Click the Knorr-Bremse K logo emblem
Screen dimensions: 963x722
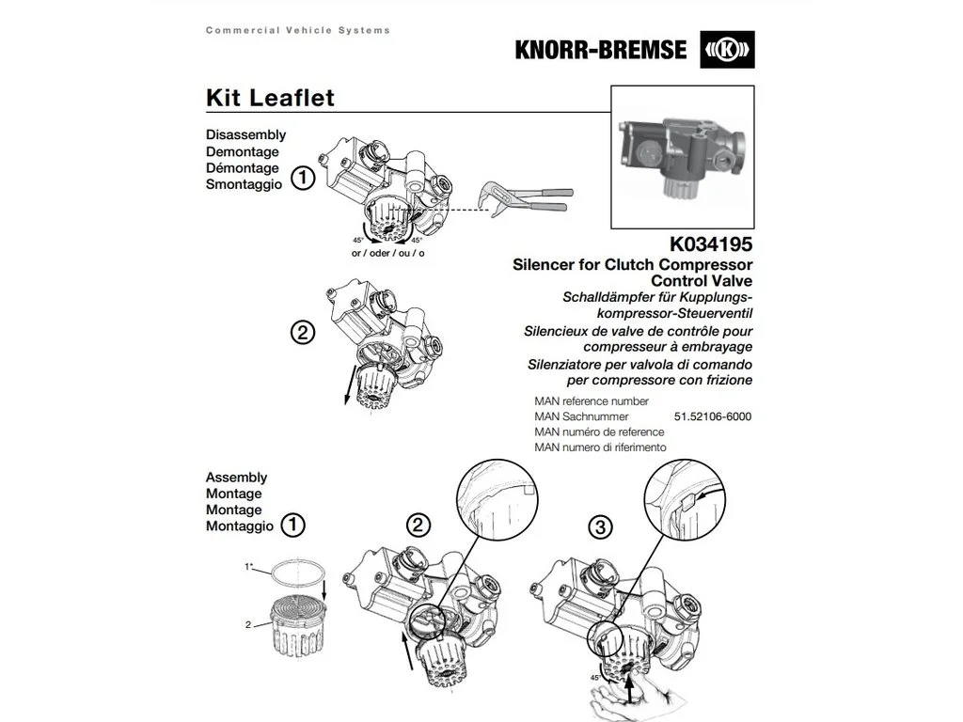(x=727, y=50)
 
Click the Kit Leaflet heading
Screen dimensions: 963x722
(x=270, y=98)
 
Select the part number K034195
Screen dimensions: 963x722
(x=711, y=243)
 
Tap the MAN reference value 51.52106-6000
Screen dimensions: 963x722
(x=713, y=416)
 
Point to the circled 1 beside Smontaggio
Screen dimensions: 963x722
(x=302, y=178)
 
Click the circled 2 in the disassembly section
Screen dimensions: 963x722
(x=302, y=333)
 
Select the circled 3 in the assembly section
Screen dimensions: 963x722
(x=600, y=526)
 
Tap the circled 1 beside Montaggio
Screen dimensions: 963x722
(x=292, y=525)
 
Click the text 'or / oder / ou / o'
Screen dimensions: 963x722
(x=388, y=253)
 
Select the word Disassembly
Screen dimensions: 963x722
(x=245, y=134)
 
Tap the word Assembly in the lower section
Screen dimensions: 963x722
(x=236, y=477)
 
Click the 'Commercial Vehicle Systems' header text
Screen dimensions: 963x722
(x=298, y=30)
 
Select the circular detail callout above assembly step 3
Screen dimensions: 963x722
(x=685, y=500)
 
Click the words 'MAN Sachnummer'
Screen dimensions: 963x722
(x=581, y=416)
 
